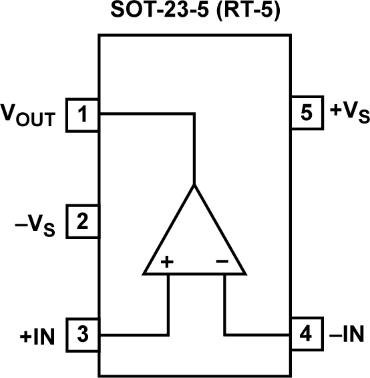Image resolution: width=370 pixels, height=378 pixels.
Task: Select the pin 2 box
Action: click(x=83, y=222)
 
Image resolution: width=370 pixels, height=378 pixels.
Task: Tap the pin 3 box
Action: click(x=83, y=333)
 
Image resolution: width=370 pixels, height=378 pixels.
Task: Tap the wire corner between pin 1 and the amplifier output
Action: click(x=194, y=114)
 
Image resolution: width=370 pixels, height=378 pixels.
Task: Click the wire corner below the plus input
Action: click(x=168, y=334)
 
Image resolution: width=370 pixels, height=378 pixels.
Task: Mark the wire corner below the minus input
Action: click(x=225, y=334)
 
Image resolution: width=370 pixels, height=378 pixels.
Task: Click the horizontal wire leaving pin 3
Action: click(x=134, y=334)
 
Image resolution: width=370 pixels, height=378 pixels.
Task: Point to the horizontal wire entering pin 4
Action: click(x=257, y=334)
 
